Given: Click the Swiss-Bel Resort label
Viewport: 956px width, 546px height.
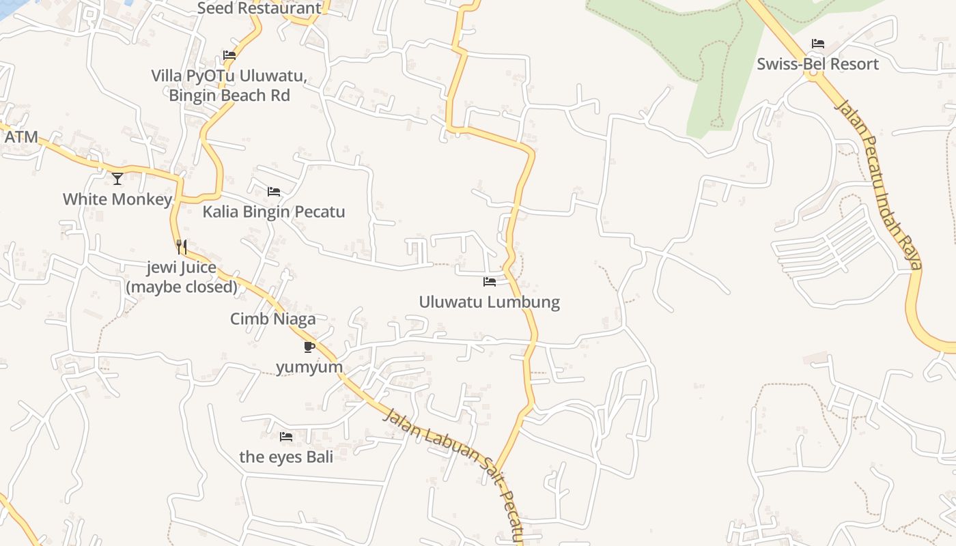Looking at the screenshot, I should coord(817,64).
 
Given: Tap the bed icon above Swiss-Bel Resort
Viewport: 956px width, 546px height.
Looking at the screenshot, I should coord(818,44).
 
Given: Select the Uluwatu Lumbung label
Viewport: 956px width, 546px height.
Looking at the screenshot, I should coord(489,302).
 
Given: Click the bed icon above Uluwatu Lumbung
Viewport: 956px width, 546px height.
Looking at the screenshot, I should coord(490,281).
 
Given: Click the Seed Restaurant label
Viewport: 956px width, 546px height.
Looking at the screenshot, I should coord(259,8).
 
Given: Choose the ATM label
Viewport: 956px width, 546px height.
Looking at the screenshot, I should coord(21,136).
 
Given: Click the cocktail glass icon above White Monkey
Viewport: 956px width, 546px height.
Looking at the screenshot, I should coord(117,179).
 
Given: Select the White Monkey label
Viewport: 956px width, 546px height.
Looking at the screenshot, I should coord(117,199).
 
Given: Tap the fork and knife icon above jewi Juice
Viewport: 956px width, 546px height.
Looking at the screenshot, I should coord(182,247).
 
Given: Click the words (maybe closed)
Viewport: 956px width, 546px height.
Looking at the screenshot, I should coord(182,287).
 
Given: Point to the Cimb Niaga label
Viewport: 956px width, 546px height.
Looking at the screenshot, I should coord(272,319).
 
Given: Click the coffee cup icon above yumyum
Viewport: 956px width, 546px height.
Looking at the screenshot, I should coord(309,347).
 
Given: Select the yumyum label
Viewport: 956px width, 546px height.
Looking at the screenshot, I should coord(309,367).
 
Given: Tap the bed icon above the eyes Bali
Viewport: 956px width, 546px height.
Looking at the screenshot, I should coord(286,436).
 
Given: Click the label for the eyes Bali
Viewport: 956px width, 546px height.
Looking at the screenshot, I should coord(286,457).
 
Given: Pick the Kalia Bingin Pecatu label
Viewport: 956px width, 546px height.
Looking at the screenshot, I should coord(273,212).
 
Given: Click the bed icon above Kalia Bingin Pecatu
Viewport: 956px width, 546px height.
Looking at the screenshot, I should coord(274,192).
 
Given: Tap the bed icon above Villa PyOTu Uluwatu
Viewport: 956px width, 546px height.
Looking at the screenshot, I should coord(229,55).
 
